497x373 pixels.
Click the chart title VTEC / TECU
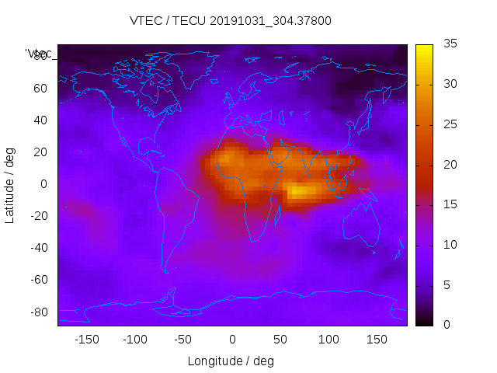coord(231,21)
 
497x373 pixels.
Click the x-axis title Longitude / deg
coord(231,361)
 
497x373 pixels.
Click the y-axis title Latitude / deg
coord(10,185)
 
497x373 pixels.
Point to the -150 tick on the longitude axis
coord(87,339)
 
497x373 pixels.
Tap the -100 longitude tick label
coord(135,339)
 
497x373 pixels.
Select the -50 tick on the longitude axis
coord(183,339)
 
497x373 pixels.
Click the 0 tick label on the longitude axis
coord(232,339)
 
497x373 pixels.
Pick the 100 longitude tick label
coord(328,339)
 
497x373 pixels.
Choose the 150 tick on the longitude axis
coord(377,339)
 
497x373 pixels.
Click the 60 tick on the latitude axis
coord(40,89)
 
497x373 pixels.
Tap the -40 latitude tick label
coord(38,248)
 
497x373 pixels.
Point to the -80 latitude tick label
coord(38,312)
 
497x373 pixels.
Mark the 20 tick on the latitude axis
coord(40,152)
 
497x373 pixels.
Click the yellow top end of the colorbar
coord(423,48)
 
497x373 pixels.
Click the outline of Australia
coord(360,225)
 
